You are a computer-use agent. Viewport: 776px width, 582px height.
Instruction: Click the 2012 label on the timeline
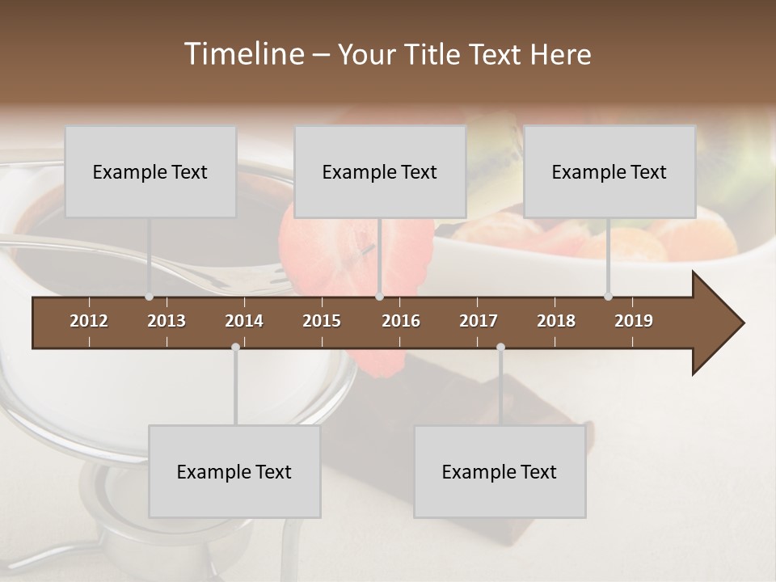tap(89, 321)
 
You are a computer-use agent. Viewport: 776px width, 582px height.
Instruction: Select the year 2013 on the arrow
tap(167, 321)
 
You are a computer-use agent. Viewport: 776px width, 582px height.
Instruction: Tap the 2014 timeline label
tap(244, 321)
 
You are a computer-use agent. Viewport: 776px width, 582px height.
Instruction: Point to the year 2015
tap(322, 321)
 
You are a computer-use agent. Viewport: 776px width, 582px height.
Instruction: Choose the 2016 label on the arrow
tap(401, 321)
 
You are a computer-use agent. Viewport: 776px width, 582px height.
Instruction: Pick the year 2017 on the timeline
tap(479, 321)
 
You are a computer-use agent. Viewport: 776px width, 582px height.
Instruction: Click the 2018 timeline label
tap(556, 321)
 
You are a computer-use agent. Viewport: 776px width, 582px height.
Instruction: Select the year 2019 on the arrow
tap(634, 321)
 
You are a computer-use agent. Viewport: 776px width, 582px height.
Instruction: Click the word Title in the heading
tap(436, 54)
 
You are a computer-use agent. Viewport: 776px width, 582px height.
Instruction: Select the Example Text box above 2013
tap(150, 171)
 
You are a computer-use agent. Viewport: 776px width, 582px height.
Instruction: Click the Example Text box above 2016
tap(380, 171)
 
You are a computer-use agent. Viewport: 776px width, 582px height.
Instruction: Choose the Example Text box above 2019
tap(609, 171)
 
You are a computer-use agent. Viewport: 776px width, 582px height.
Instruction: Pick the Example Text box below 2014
tap(234, 471)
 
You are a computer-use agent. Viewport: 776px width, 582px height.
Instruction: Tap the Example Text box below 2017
tap(500, 471)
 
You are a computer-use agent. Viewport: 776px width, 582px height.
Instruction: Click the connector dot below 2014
tap(235, 347)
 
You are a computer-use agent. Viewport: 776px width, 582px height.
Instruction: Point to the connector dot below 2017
tap(500, 347)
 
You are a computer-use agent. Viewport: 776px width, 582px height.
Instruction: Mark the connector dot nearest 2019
tap(608, 297)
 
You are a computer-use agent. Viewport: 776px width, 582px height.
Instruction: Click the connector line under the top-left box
tap(149, 255)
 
